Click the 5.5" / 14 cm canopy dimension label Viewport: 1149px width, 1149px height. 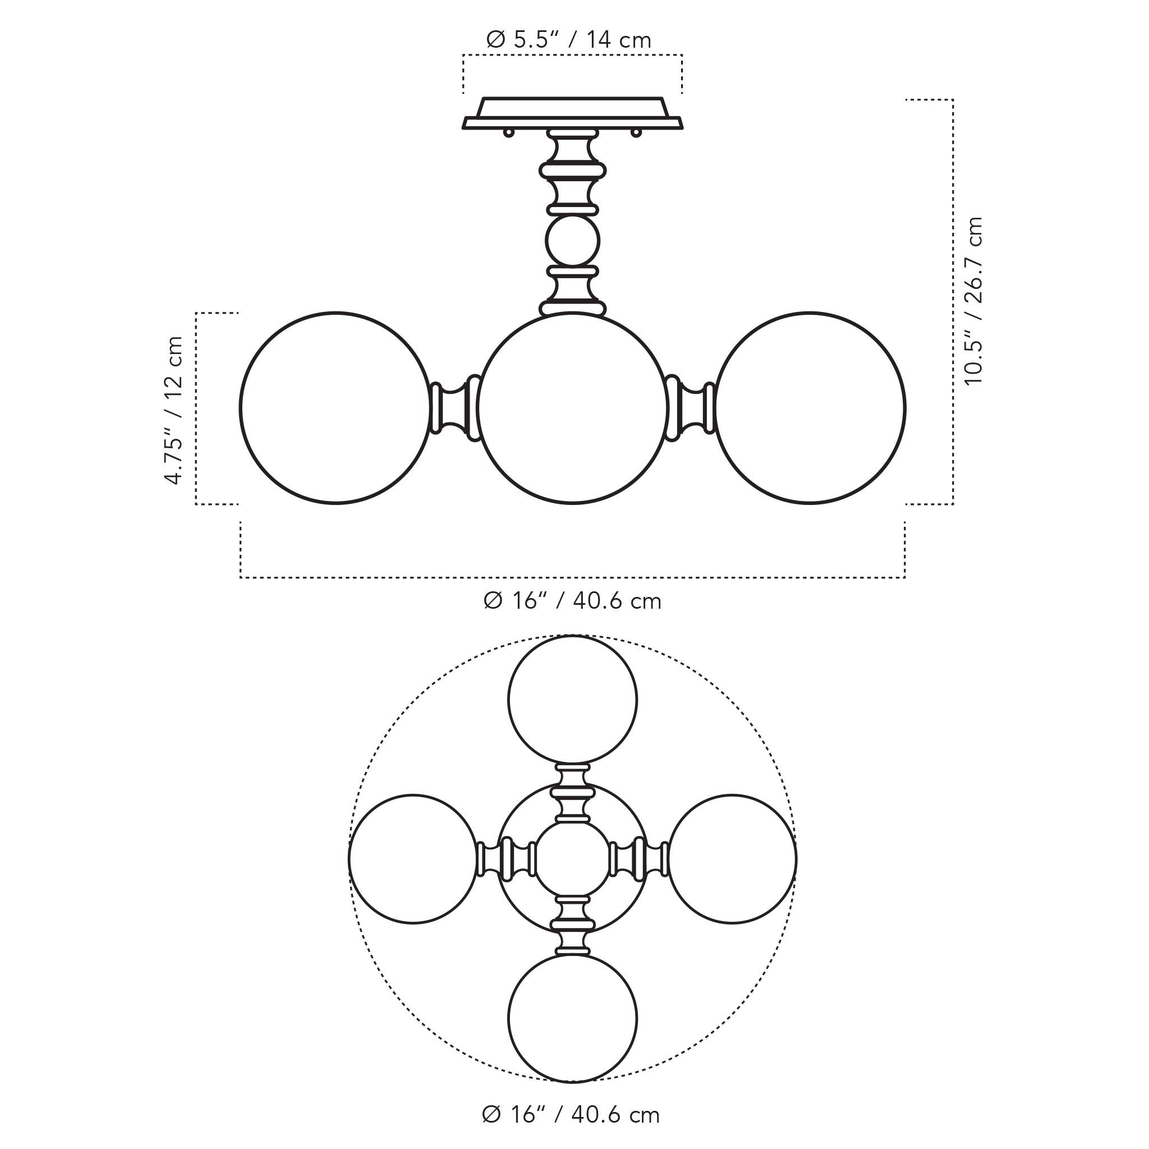pos(568,40)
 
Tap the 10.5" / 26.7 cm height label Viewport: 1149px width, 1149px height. pos(973,301)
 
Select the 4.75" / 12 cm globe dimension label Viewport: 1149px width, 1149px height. pos(174,410)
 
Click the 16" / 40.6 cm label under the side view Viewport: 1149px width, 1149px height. pos(572,601)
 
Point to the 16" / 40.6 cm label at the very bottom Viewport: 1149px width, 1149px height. pos(571,1115)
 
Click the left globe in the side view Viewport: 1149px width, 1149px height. pos(335,408)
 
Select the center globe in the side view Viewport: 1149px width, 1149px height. pos(572,408)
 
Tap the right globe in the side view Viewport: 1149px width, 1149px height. pos(810,408)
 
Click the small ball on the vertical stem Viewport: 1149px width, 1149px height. pos(572,241)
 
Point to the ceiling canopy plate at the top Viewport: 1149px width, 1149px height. pos(572,113)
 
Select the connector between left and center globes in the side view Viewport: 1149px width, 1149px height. pos(455,408)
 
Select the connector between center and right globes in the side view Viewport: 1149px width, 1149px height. pos(690,408)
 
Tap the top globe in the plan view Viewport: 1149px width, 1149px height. pos(572,700)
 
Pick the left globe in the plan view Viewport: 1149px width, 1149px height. pos(413,859)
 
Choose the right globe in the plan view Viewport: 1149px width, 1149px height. pos(732,859)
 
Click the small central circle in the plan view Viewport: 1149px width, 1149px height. pos(572,859)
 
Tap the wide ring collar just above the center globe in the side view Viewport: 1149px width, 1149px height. pos(572,308)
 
